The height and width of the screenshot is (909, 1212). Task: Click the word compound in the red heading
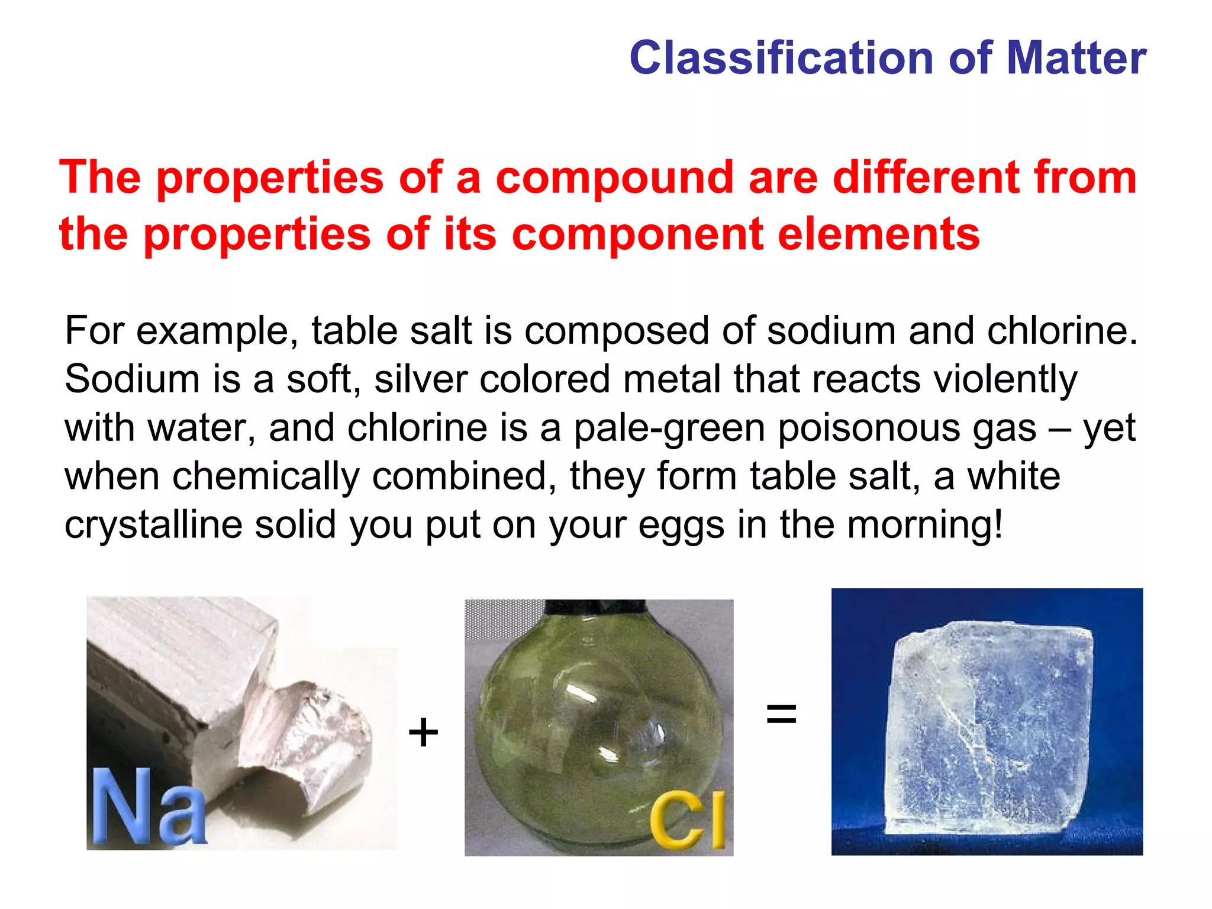pyautogui.click(x=615, y=178)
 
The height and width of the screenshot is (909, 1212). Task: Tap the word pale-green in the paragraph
pyautogui.click(x=669, y=428)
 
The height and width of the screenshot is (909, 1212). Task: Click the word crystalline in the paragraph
pyautogui.click(x=153, y=525)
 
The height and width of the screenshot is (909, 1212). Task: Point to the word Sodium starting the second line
pyautogui.click(x=131, y=379)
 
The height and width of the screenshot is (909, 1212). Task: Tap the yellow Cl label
pyautogui.click(x=688, y=820)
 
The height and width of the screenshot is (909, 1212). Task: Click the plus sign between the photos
pyautogui.click(x=423, y=733)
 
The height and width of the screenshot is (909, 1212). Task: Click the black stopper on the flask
pyautogui.click(x=594, y=607)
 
